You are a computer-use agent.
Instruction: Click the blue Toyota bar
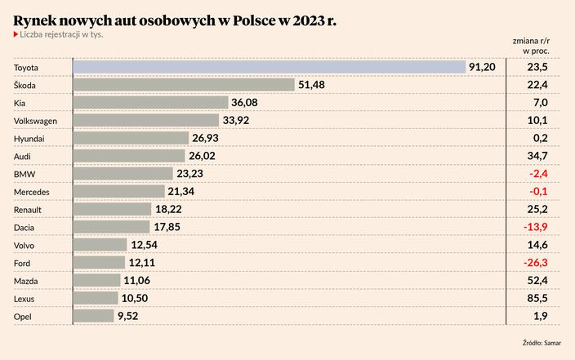[x=270, y=66]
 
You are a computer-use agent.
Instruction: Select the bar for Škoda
[x=184, y=84]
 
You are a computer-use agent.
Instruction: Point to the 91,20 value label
[x=482, y=66]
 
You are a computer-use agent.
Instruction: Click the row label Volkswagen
[x=36, y=120]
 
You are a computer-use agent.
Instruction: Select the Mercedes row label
[x=32, y=191]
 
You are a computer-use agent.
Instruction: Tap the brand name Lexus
[x=25, y=298]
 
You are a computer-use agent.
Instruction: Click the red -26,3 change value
[x=537, y=263]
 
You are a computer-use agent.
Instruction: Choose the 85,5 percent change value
[x=538, y=298]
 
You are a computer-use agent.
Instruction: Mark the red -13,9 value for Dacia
[x=537, y=227]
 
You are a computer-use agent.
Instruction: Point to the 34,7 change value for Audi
[x=538, y=155]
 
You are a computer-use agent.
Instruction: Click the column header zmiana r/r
[x=531, y=39]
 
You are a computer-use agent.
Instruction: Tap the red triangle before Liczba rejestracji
[x=16, y=34]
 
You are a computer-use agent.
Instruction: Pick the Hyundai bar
[x=131, y=138]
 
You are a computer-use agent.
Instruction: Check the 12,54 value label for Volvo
[x=147, y=245]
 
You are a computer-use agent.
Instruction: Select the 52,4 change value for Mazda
[x=538, y=280]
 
